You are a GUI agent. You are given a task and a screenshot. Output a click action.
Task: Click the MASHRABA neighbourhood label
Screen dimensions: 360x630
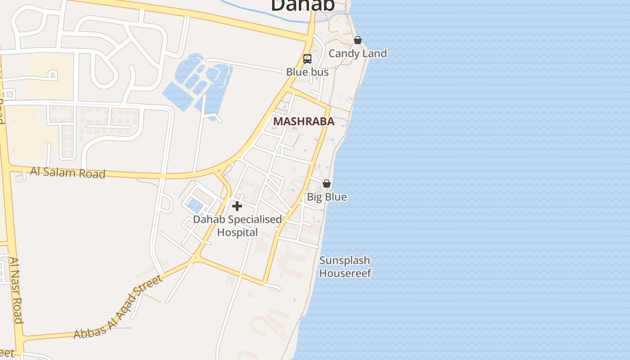click(x=304, y=121)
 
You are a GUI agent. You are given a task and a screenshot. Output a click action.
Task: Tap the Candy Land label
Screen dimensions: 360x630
click(x=357, y=54)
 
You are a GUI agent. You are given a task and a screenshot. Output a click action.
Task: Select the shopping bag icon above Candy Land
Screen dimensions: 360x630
click(x=358, y=40)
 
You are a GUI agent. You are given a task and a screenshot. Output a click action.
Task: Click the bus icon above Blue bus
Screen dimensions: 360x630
click(x=307, y=59)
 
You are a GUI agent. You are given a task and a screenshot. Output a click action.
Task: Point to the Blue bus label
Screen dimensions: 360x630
click(x=307, y=72)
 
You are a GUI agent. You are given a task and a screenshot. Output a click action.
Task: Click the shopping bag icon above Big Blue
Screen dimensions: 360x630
click(x=327, y=184)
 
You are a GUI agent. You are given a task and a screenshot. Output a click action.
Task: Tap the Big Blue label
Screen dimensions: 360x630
click(x=327, y=197)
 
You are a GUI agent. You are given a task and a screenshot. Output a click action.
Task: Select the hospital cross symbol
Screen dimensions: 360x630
click(x=237, y=206)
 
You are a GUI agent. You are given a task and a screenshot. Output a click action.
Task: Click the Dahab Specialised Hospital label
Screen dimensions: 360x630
click(x=238, y=226)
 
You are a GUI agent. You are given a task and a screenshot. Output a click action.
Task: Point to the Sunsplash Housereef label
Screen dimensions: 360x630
click(x=345, y=267)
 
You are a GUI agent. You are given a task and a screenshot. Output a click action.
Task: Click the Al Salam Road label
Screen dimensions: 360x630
click(x=67, y=172)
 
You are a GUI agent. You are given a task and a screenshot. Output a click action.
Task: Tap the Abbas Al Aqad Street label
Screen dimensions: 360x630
click(x=118, y=307)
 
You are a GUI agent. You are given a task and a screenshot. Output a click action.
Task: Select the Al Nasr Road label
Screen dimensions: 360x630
click(x=16, y=290)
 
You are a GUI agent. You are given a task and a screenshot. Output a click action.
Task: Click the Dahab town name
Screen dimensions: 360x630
click(x=303, y=5)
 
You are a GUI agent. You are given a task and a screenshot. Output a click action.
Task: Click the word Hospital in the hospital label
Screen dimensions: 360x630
click(x=238, y=233)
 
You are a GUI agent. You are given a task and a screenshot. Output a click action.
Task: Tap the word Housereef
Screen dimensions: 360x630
click(x=345, y=273)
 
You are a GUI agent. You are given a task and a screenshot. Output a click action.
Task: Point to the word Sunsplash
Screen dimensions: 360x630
click(x=345, y=261)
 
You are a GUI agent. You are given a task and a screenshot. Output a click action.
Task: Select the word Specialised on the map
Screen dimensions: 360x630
click(x=255, y=220)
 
